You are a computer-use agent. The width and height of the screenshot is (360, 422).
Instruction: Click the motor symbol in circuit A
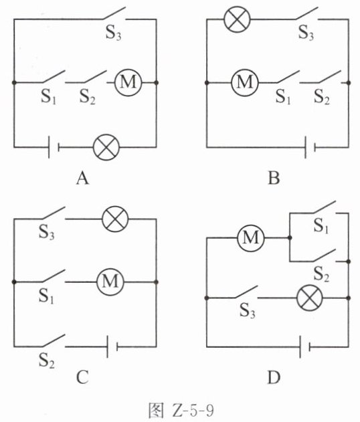click(128, 82)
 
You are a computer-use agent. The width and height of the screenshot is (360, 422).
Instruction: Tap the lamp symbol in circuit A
click(106, 147)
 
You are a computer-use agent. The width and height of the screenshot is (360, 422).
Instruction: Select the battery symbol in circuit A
click(54, 147)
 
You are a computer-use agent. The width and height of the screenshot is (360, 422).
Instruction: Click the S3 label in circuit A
click(113, 33)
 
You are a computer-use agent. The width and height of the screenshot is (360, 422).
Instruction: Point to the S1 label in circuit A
click(48, 96)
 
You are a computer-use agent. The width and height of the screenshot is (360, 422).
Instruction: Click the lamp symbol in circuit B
click(238, 19)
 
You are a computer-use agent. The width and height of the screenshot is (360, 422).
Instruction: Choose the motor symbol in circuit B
click(245, 82)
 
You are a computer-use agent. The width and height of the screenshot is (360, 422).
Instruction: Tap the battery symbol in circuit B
click(310, 147)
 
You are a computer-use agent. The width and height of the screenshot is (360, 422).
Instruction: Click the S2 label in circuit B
click(322, 96)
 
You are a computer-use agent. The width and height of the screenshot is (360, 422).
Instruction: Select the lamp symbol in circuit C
click(115, 219)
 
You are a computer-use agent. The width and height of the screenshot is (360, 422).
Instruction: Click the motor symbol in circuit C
click(110, 282)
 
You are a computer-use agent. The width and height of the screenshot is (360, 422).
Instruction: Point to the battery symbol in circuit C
click(112, 346)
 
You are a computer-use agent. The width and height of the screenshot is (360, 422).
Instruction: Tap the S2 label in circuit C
click(46, 360)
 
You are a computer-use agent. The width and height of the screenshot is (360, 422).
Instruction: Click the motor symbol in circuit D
click(251, 238)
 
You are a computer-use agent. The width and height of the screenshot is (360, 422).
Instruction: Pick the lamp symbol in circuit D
click(310, 298)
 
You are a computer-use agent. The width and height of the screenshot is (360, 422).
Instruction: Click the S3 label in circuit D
click(247, 311)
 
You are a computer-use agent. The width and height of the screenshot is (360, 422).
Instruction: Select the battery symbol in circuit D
click(305, 346)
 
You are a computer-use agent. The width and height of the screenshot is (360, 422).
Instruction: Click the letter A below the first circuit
click(82, 178)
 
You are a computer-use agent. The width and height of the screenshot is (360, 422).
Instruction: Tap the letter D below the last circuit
click(274, 377)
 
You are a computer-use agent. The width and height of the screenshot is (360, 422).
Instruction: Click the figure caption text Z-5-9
click(192, 411)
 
